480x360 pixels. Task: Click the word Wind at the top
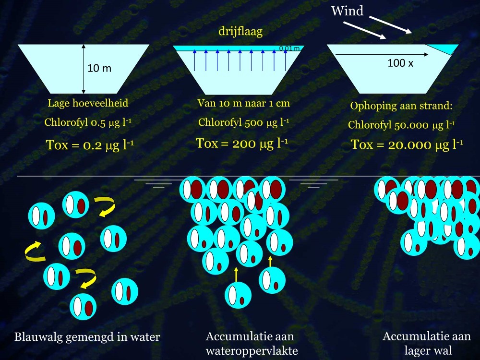click(x=347, y=11)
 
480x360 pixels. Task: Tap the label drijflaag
click(x=240, y=32)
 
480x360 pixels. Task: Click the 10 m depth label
click(x=99, y=69)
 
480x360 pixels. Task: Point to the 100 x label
click(x=400, y=63)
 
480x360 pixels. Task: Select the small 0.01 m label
click(x=289, y=48)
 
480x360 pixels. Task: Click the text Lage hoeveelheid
click(x=88, y=103)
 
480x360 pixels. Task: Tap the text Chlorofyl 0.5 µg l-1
click(x=88, y=122)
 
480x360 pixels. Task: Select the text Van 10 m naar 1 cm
click(x=243, y=103)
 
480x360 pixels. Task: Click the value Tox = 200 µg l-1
click(x=242, y=143)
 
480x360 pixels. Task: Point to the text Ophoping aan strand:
click(x=401, y=106)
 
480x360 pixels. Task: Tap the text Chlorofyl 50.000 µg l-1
click(x=401, y=125)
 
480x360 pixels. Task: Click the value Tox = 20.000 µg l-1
click(x=407, y=144)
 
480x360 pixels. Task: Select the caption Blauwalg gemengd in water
click(x=87, y=337)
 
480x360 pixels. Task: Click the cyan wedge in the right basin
click(x=444, y=48)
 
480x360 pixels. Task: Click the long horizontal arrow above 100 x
click(x=379, y=55)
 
